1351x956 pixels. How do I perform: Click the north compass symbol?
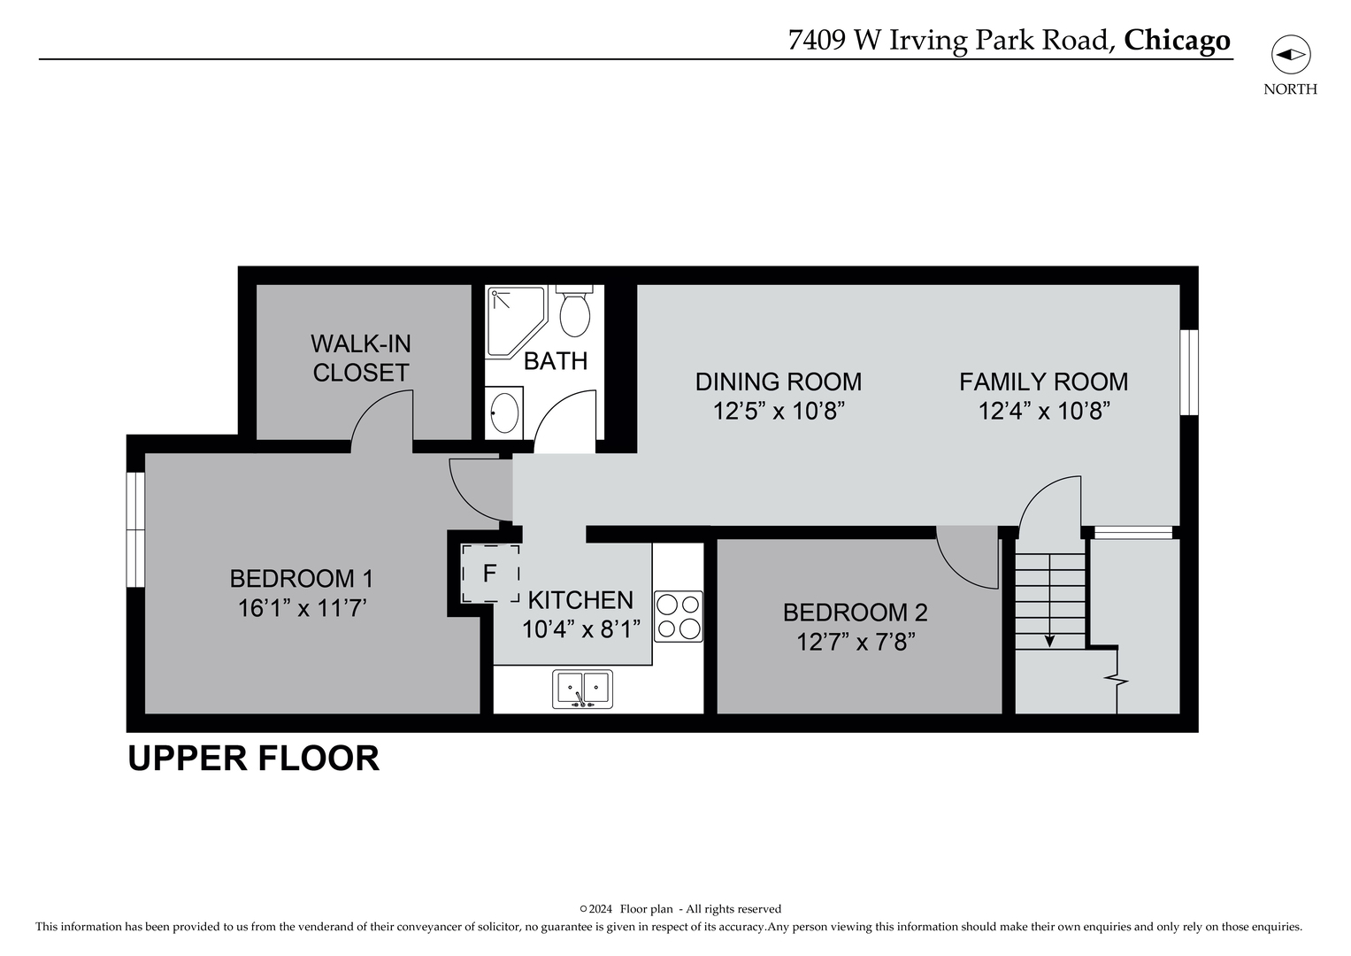pyautogui.click(x=1290, y=56)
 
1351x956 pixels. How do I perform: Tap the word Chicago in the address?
pyautogui.click(x=1177, y=41)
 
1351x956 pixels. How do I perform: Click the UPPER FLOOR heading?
pyautogui.click(x=254, y=759)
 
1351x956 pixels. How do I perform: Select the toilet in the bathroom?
pyautogui.click(x=575, y=312)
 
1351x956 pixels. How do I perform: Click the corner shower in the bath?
pyautogui.click(x=513, y=319)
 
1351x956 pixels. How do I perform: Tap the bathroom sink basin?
pyautogui.click(x=504, y=412)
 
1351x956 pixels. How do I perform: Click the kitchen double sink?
pyautogui.click(x=582, y=689)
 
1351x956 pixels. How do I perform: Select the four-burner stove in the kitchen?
pyautogui.click(x=678, y=616)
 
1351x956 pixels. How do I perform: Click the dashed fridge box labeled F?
pyautogui.click(x=490, y=574)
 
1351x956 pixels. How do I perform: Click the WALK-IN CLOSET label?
pyautogui.click(x=361, y=358)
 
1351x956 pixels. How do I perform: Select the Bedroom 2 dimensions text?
pyautogui.click(x=856, y=642)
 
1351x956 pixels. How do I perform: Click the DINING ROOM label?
pyautogui.click(x=778, y=382)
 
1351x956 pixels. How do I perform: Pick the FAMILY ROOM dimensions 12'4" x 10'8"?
pyautogui.click(x=1044, y=412)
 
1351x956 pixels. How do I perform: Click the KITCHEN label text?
pyautogui.click(x=580, y=600)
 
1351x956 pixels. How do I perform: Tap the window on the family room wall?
pyautogui.click(x=1189, y=372)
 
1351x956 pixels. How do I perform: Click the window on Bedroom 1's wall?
pyautogui.click(x=134, y=529)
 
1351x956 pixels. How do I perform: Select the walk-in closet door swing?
pyautogui.click(x=382, y=423)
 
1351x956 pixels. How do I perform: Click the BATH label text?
pyautogui.click(x=556, y=361)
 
